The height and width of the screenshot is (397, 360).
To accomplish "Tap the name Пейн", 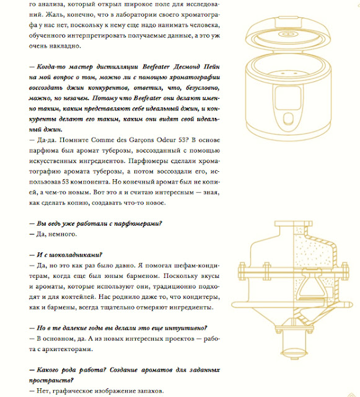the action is point(212,67).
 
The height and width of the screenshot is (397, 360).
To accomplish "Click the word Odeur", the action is point(166,140).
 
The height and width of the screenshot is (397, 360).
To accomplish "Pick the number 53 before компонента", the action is point(65,182).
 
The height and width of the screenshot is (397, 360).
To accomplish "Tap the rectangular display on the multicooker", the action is point(288,98).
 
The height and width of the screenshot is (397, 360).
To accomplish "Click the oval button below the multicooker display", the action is point(288,118).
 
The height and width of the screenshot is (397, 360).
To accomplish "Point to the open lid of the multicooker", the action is point(288,35).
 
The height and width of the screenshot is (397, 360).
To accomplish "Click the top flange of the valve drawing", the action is point(294,223).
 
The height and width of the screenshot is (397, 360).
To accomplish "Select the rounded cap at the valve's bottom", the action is point(294,353).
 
